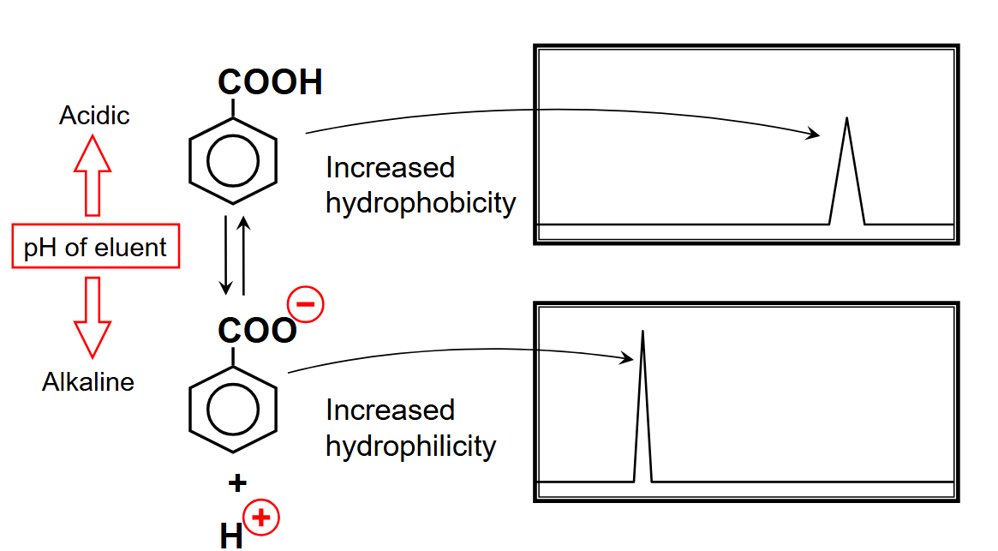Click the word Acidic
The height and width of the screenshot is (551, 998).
click(x=94, y=116)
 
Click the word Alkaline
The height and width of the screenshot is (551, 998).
click(x=88, y=381)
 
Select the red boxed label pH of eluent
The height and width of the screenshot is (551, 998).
click(x=95, y=248)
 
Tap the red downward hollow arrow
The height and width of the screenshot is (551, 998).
click(x=92, y=316)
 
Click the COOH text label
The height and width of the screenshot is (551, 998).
click(x=270, y=82)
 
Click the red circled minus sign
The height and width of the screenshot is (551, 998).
click(x=306, y=304)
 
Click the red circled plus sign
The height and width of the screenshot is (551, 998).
click(x=262, y=518)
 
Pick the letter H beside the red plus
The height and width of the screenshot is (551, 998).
click(x=231, y=536)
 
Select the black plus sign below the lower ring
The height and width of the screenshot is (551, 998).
click(x=237, y=483)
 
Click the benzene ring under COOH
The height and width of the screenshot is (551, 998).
click(x=233, y=160)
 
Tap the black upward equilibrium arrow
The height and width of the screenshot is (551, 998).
click(x=244, y=255)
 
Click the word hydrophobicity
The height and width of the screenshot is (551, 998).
click(x=421, y=203)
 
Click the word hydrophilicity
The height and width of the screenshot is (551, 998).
click(x=410, y=446)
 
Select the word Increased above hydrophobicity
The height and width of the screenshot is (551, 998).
click(x=390, y=167)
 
